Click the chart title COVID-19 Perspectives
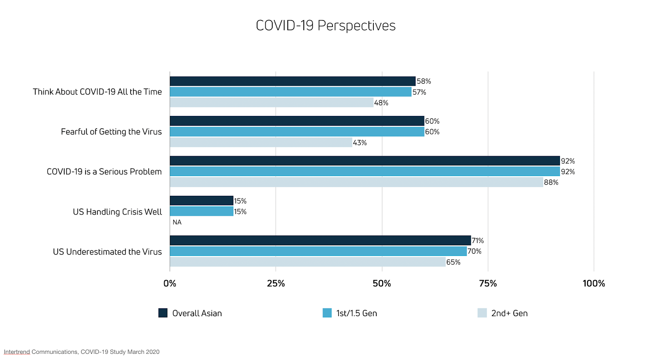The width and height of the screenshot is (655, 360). [325, 25]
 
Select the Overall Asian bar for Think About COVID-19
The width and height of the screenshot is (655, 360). [292, 81]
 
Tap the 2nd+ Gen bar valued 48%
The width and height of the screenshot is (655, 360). [271, 102]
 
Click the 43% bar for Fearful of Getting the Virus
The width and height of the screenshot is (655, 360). [261, 143]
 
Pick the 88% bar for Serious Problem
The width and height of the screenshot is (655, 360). [356, 182]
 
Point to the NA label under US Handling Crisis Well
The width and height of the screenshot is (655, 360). [177, 222]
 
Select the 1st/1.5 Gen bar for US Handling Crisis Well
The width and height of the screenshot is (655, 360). [201, 211]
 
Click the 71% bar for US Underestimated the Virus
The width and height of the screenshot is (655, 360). [320, 240]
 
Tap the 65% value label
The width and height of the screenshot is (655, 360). [453, 262]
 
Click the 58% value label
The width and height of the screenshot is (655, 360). [424, 81]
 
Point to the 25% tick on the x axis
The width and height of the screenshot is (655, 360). [276, 283]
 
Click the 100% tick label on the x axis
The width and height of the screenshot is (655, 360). [594, 283]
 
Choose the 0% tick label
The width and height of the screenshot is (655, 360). [170, 283]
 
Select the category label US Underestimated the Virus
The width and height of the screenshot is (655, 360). [107, 252]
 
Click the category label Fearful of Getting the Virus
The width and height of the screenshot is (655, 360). [111, 132]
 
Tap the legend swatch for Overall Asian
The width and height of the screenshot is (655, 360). [163, 313]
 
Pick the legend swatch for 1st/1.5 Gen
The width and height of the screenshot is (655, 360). [327, 313]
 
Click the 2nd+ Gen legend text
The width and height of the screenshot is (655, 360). [509, 313]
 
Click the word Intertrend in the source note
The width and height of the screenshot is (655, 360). [17, 352]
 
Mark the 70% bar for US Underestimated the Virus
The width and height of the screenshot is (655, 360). [318, 251]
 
